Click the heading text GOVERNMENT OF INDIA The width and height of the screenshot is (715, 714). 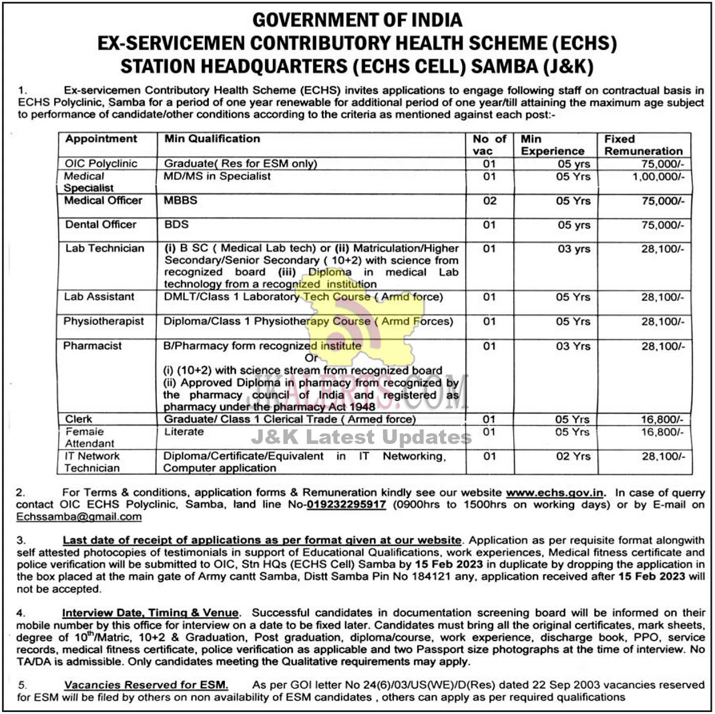357,20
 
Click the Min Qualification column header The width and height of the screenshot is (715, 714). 212,139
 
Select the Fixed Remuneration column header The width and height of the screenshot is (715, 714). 643,145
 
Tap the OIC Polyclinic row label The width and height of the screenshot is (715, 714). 101,163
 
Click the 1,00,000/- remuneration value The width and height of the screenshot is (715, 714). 658,176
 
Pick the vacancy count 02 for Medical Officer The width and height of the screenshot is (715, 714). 489,201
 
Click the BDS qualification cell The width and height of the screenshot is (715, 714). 176,224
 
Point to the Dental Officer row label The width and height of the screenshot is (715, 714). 101,224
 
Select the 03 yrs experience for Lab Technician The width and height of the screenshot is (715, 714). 574,249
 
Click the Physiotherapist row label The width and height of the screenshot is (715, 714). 103,321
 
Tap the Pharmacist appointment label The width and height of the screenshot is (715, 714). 92,346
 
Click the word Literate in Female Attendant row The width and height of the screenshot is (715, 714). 184,432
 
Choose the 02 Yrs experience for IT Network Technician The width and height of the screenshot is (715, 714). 573,456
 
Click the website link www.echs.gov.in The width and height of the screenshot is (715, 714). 555,493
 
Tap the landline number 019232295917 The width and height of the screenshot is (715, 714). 346,505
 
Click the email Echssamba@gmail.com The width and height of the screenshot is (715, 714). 79,517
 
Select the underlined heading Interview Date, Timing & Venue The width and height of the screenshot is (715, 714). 150,613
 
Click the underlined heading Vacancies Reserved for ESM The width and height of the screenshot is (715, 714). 146,685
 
